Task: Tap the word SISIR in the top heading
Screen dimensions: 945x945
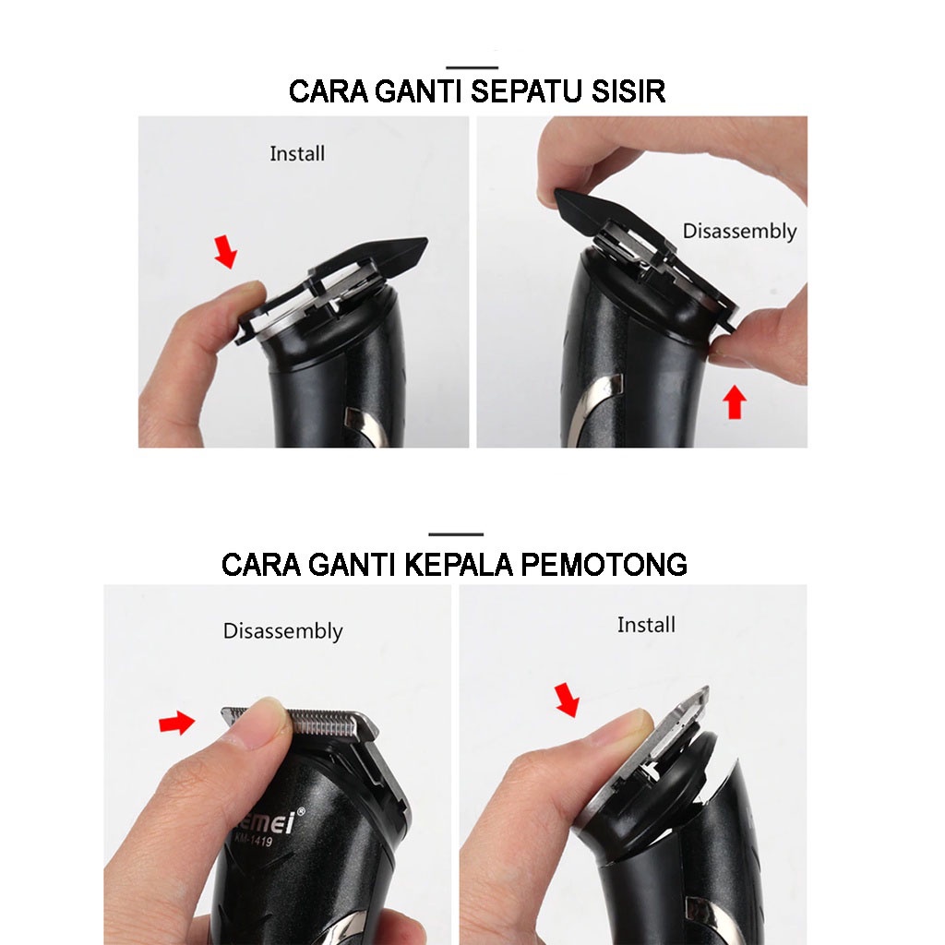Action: tap(628, 91)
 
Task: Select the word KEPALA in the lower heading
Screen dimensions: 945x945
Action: tap(458, 565)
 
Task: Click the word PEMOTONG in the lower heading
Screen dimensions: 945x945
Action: tap(604, 565)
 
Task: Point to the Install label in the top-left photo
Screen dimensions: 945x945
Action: tap(297, 154)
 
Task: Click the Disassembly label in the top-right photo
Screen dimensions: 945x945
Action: tap(739, 232)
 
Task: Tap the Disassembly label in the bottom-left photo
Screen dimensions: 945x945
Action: tap(282, 631)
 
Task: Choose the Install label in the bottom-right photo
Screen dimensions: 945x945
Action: tap(646, 625)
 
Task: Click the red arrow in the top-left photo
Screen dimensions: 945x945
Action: tap(226, 252)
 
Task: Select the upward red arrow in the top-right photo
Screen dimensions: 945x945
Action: tap(734, 402)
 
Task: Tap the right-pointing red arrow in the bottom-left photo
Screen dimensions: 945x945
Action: tap(176, 722)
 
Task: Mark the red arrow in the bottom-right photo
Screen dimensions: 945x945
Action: tap(568, 700)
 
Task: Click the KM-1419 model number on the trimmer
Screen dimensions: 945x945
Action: tap(253, 838)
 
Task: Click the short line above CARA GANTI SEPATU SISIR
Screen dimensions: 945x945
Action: tap(472, 67)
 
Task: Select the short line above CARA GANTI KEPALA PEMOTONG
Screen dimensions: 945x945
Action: tap(456, 534)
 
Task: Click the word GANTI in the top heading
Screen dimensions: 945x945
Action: tap(418, 91)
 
